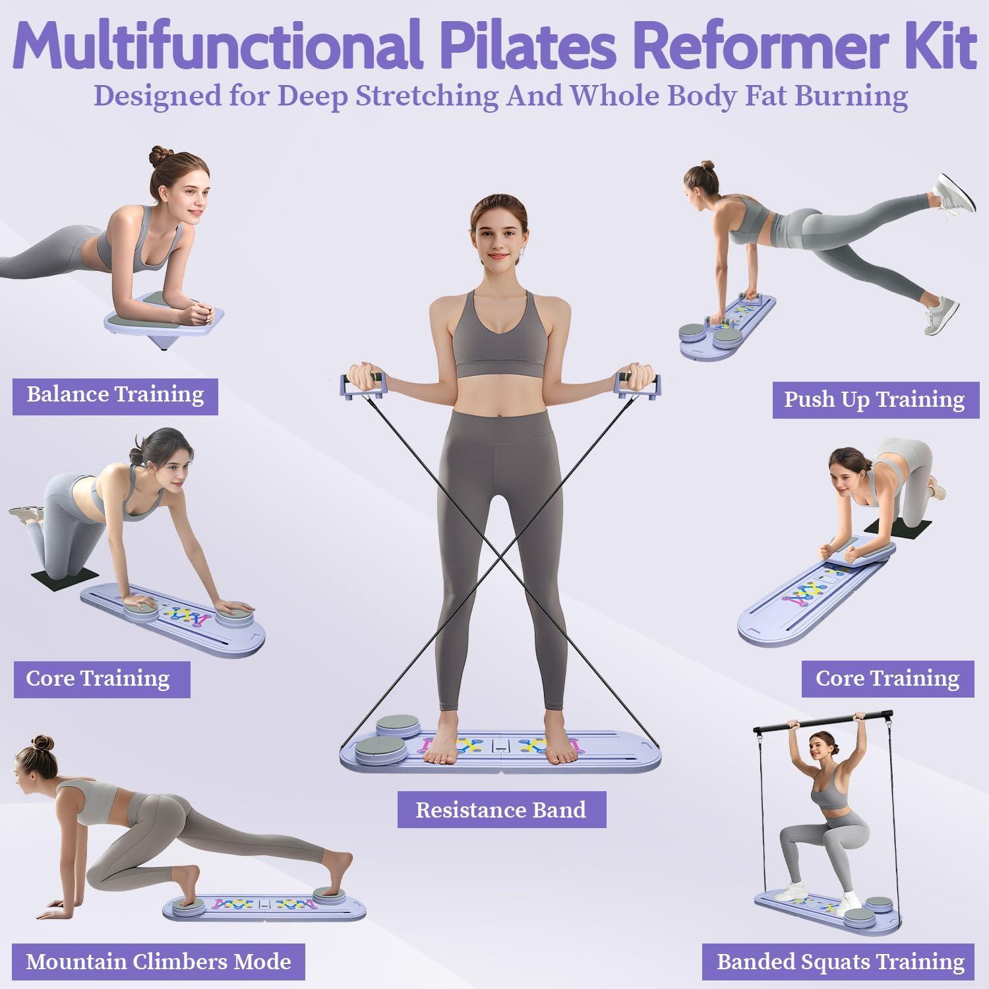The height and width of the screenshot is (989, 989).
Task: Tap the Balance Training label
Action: click(115, 395)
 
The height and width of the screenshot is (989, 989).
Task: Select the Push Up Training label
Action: click(874, 400)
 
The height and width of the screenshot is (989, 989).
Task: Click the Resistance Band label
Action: click(501, 810)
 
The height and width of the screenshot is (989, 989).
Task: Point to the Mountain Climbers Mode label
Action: click(158, 961)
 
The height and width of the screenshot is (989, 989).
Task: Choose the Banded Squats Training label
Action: click(841, 961)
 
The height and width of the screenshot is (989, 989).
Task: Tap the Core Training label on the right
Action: click(887, 678)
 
